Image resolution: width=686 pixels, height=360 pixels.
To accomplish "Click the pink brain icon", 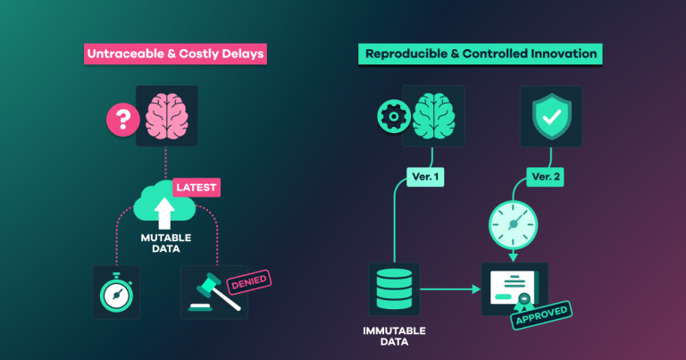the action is (x=167, y=116).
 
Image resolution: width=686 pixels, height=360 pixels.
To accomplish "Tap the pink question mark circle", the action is (x=123, y=120).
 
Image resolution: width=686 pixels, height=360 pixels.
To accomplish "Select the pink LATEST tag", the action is (x=197, y=188).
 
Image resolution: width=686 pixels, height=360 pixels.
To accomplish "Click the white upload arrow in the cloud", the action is (x=164, y=213).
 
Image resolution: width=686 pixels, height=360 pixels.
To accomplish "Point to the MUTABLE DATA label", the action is (x=166, y=243).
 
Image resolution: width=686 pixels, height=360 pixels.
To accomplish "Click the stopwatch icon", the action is (x=116, y=292).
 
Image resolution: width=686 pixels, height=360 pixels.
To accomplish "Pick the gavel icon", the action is (x=214, y=292).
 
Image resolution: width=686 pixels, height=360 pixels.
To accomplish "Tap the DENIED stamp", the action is (x=249, y=282).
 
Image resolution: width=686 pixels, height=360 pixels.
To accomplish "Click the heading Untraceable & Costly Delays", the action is (x=175, y=54).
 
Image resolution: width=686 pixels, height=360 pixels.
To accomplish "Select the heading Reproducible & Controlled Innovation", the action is (x=481, y=54).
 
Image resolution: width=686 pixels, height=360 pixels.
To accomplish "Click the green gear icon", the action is (x=394, y=116).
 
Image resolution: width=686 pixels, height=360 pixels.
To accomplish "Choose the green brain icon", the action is (x=433, y=116).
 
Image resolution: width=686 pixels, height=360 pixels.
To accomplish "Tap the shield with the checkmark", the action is (x=551, y=116).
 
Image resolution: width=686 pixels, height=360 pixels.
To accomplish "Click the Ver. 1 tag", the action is (x=425, y=177).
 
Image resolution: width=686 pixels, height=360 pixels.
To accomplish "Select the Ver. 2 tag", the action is (x=545, y=177).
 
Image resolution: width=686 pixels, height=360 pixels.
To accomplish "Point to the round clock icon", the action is (x=514, y=225).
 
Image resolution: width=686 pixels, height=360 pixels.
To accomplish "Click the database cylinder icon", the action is (x=394, y=289).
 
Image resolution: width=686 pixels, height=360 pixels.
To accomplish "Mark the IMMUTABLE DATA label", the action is (x=394, y=336).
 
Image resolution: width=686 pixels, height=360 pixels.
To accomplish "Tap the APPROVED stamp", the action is (x=541, y=315).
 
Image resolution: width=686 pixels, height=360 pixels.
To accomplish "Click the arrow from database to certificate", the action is (x=450, y=289).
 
